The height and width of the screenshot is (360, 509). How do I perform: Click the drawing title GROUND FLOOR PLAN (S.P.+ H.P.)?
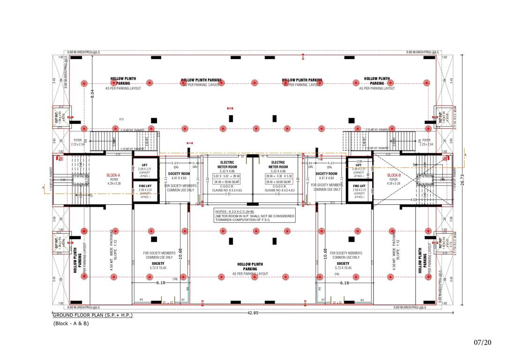coord(92,315)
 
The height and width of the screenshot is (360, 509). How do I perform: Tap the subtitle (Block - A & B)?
coord(71,323)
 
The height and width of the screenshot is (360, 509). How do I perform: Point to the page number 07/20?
coord(482,343)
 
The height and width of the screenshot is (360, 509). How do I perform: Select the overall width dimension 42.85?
coord(253,313)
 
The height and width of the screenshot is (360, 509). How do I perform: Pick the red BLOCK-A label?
coord(114,175)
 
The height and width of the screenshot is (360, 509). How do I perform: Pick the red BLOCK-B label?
coord(394,175)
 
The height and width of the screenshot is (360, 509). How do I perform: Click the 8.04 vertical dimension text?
coord(92,93)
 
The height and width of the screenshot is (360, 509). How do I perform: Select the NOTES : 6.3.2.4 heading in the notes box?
coord(230,212)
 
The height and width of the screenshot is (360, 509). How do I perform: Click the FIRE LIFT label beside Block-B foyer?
coord(359,186)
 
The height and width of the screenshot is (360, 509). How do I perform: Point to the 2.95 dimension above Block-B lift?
coord(359,161)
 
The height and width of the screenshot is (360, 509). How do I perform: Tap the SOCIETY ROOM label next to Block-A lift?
coord(179,174)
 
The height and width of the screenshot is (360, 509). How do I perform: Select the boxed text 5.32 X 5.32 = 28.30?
coord(226,176)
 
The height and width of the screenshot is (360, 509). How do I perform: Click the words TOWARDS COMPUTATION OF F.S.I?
coord(242,220)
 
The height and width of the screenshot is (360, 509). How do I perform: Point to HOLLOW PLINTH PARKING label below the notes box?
coord(250,267)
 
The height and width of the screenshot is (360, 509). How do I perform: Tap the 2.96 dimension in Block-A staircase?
coord(63,180)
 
